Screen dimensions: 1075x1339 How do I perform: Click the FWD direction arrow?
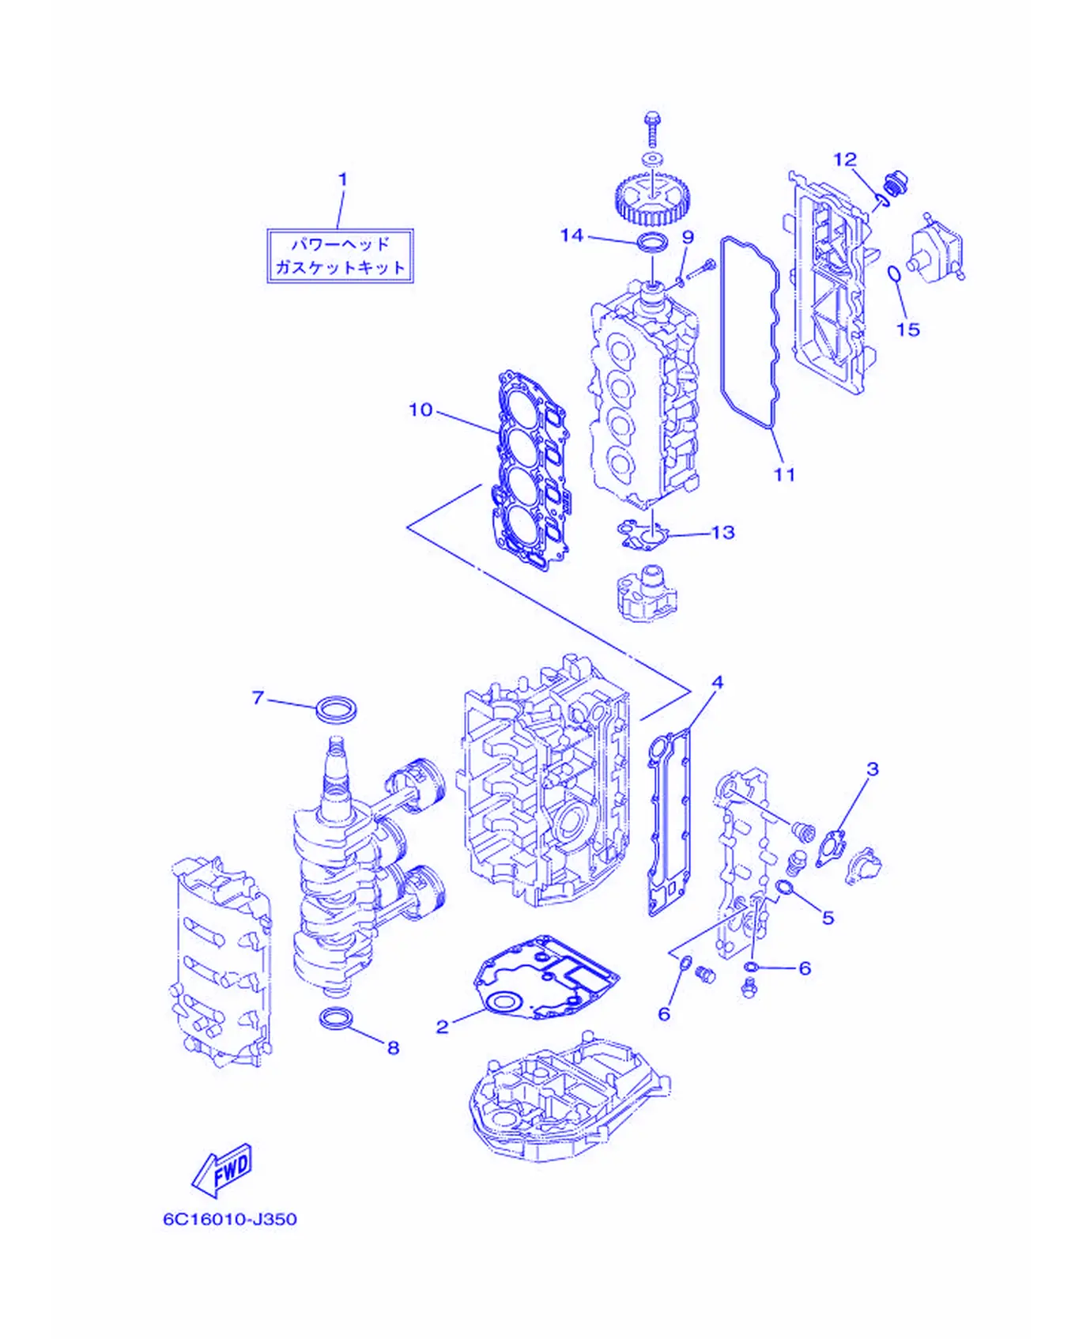pos(224,1169)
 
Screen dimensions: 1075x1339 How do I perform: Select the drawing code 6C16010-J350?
pos(230,1219)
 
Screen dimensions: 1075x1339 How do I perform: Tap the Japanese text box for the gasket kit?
pos(341,255)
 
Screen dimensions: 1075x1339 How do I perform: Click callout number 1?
pos(343,179)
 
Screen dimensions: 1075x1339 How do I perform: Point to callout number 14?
pos(571,235)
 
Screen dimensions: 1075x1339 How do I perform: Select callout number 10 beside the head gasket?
pos(421,409)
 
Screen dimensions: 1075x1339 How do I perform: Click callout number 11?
pos(784,474)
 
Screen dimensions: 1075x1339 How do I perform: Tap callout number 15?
pos(908,329)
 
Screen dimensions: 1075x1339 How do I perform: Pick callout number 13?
pos(723,533)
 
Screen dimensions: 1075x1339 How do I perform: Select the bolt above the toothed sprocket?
pos(652,129)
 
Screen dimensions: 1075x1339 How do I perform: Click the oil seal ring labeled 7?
pos(336,708)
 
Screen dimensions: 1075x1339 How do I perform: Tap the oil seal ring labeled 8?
pos(337,1018)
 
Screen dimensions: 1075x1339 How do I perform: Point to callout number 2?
pos(443,1026)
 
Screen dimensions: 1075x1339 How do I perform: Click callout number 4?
pos(717,682)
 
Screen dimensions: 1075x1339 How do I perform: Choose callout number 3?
pos(873,768)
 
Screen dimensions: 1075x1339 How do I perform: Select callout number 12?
pos(845,160)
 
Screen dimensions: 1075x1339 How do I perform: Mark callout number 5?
pos(828,917)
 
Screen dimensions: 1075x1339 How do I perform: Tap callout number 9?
pos(688,237)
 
